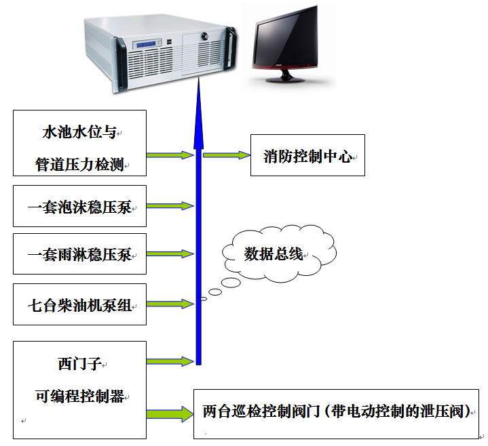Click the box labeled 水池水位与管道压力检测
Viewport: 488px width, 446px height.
tap(80, 143)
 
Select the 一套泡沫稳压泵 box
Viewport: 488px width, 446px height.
tap(80, 205)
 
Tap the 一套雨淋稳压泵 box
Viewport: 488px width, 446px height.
tap(80, 254)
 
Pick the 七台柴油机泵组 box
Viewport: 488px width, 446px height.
tap(80, 304)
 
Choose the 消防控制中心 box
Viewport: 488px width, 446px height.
tap(307, 156)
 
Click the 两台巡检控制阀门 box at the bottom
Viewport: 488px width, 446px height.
tap(336, 411)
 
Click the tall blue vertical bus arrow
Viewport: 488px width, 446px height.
tap(198, 224)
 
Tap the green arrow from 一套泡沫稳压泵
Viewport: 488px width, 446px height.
tap(170, 205)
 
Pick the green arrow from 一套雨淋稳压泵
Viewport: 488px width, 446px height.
tap(170, 255)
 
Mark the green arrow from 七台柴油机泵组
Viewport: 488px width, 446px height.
tap(170, 304)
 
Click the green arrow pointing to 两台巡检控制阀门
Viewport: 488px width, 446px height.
tap(170, 411)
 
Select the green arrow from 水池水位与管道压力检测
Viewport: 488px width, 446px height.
tap(170, 155)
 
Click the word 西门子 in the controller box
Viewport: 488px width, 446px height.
tap(80, 364)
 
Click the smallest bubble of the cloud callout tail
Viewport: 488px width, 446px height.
tap(203, 298)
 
